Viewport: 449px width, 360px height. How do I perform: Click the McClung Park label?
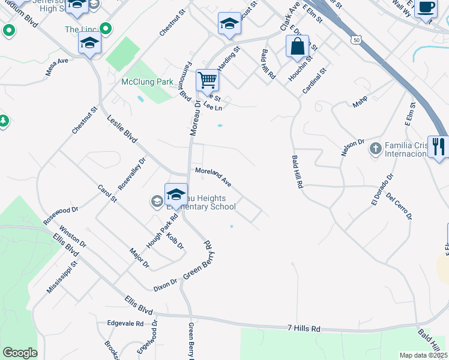pos(147,82)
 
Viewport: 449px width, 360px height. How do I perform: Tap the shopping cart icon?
pos(207,79)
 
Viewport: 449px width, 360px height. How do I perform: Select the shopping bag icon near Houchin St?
pos(298,46)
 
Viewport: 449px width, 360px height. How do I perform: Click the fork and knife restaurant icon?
pos(439,146)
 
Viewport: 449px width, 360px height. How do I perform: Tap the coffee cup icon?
pos(426,8)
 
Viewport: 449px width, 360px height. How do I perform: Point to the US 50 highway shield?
pos(357,40)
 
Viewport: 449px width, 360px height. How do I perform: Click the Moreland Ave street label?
pos(213,176)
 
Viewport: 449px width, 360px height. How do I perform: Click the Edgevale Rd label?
pos(125,323)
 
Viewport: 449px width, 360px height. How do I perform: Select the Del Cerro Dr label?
pos(399,205)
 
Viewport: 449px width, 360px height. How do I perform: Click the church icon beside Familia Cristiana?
pos(375,148)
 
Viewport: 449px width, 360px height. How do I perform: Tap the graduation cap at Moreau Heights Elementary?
pos(176,194)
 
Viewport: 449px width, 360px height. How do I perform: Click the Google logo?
pos(20,353)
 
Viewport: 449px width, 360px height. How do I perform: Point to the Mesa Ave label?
pos(56,67)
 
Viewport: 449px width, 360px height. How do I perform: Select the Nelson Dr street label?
pos(353,147)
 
